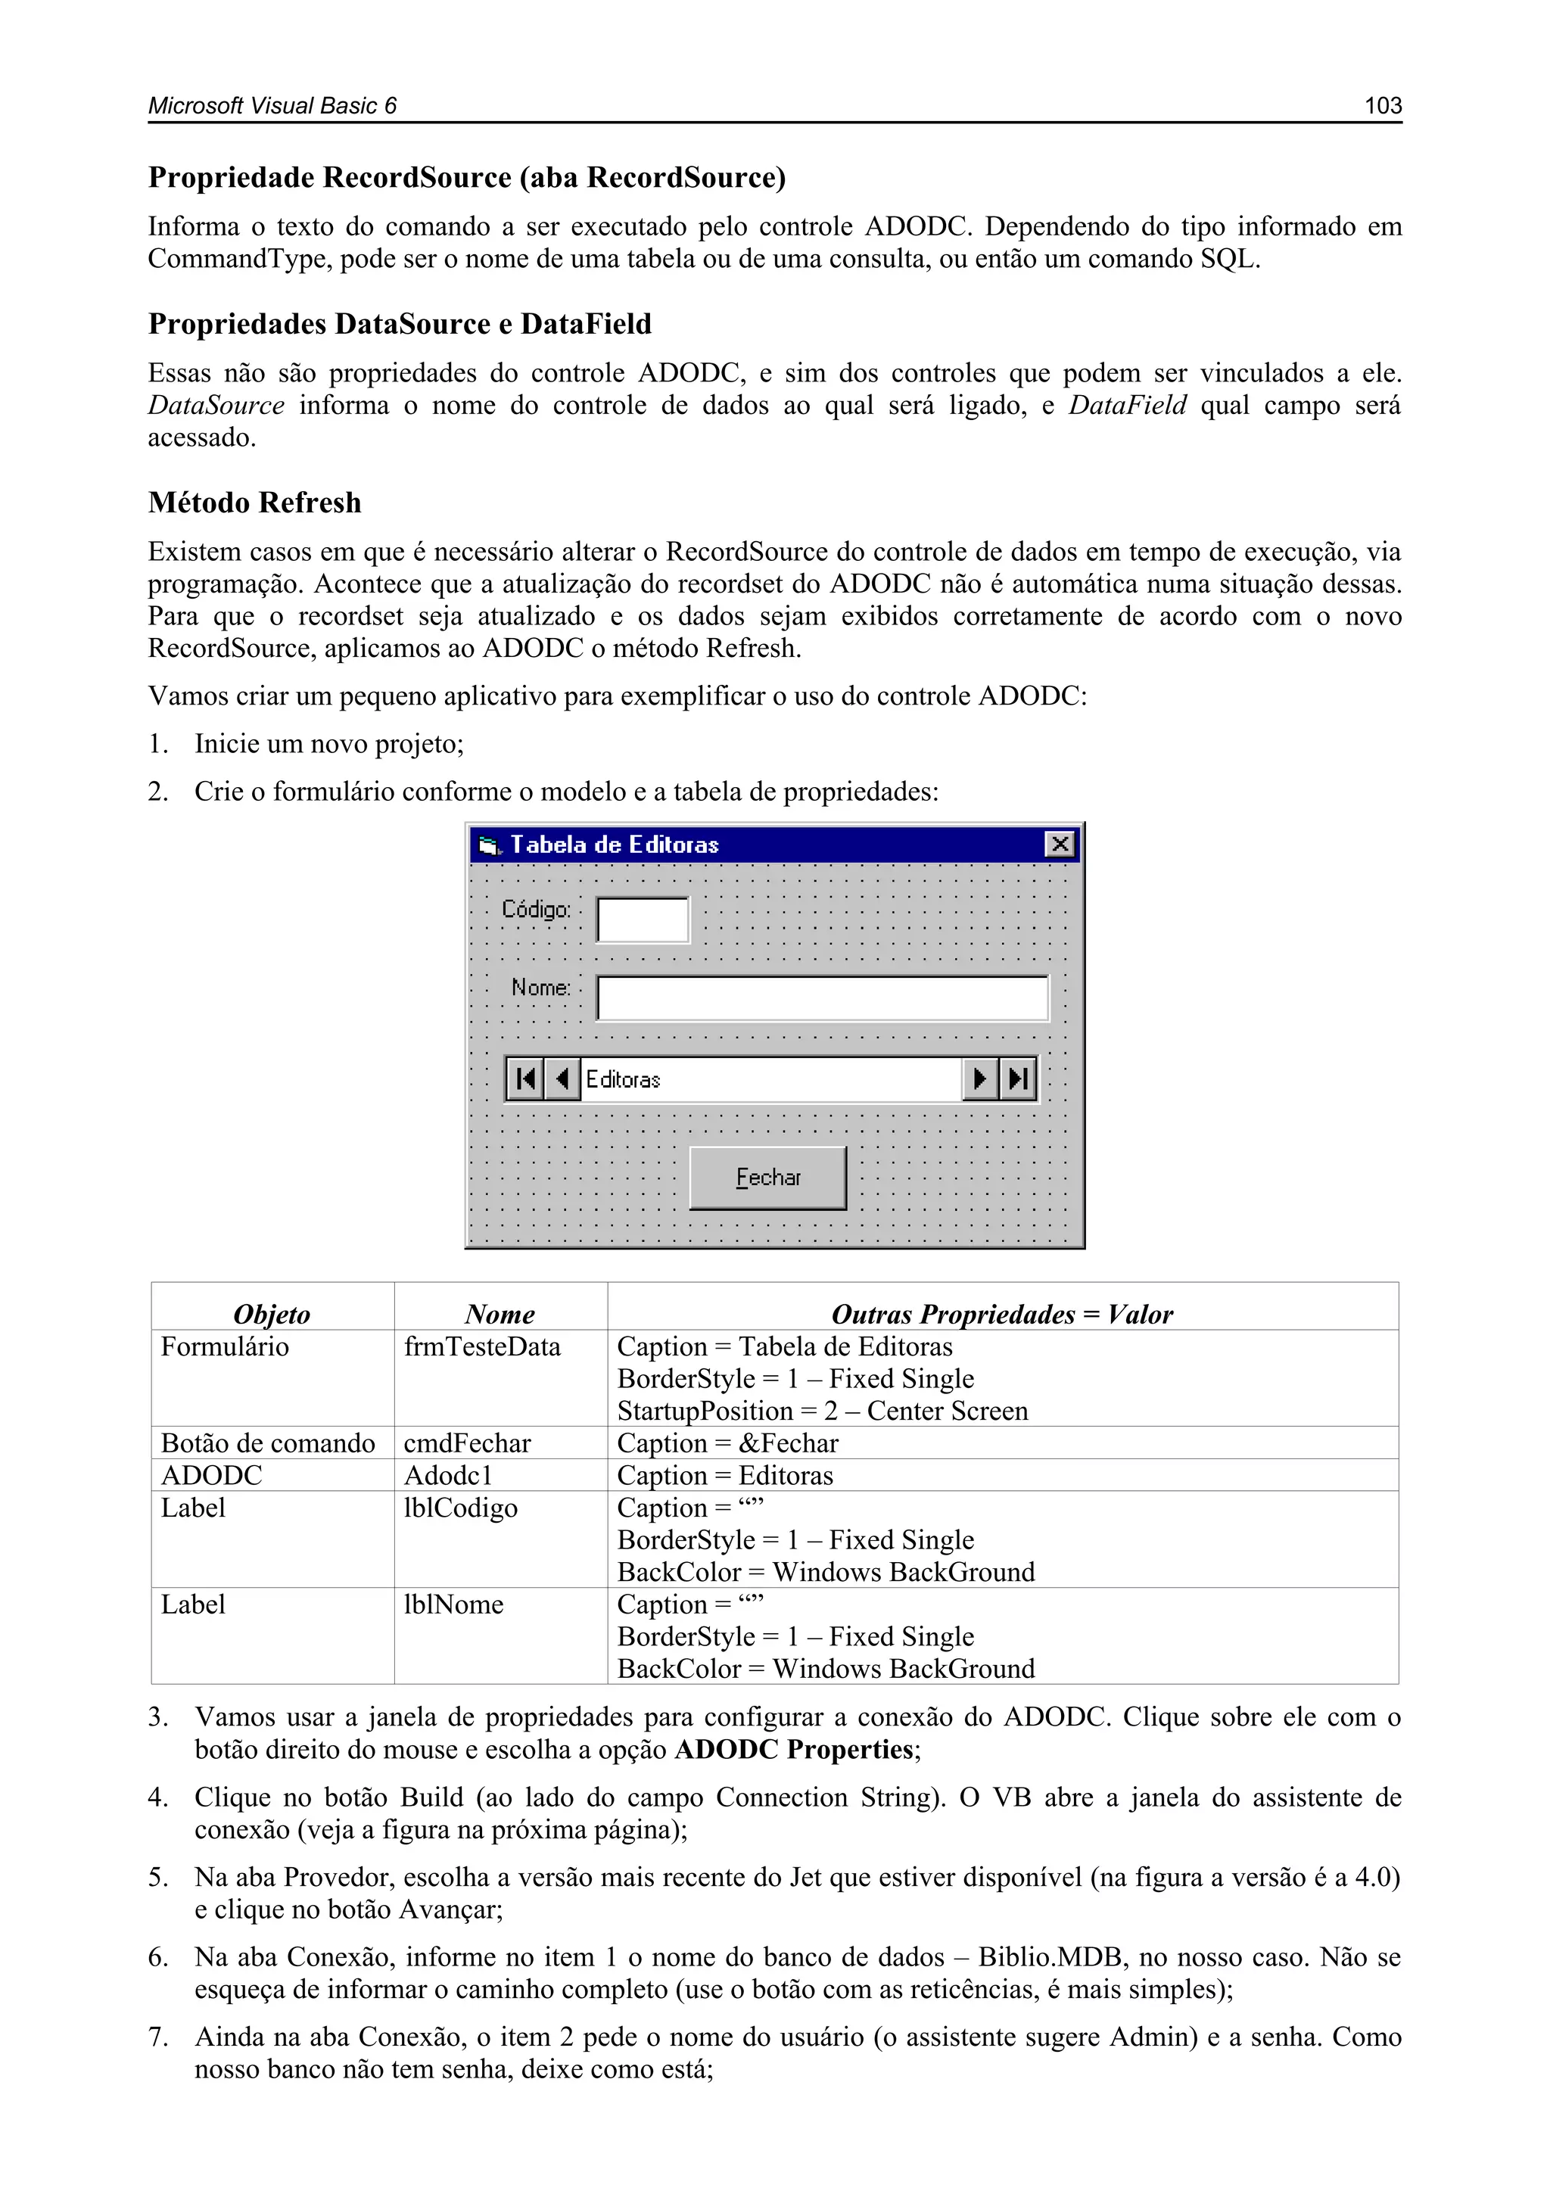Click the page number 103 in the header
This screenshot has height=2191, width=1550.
pyautogui.click(x=1382, y=106)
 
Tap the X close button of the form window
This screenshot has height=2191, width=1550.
pyautogui.click(x=1060, y=845)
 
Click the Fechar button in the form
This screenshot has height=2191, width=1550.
pyautogui.click(x=767, y=1178)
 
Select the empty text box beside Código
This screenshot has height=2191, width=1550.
pyautogui.click(x=643, y=920)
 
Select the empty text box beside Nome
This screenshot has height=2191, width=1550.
pyautogui.click(x=822, y=998)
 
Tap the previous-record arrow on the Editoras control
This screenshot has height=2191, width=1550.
pyautogui.click(x=562, y=1079)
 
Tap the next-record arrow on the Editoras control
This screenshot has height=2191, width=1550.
pyautogui.click(x=980, y=1079)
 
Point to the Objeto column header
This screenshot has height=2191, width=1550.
pyautogui.click(x=272, y=1314)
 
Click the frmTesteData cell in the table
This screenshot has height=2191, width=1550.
pyautogui.click(x=482, y=1346)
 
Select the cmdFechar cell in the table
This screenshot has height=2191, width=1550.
pyautogui.click(x=467, y=1443)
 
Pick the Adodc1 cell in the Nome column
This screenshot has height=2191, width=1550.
pyautogui.click(x=447, y=1475)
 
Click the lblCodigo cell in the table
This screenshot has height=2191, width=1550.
pyautogui.click(x=460, y=1508)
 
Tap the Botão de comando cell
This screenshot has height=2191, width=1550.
pyautogui.click(x=267, y=1443)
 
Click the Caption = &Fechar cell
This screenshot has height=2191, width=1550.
pyautogui.click(x=727, y=1443)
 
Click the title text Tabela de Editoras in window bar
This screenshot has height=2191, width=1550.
pyautogui.click(x=614, y=845)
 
